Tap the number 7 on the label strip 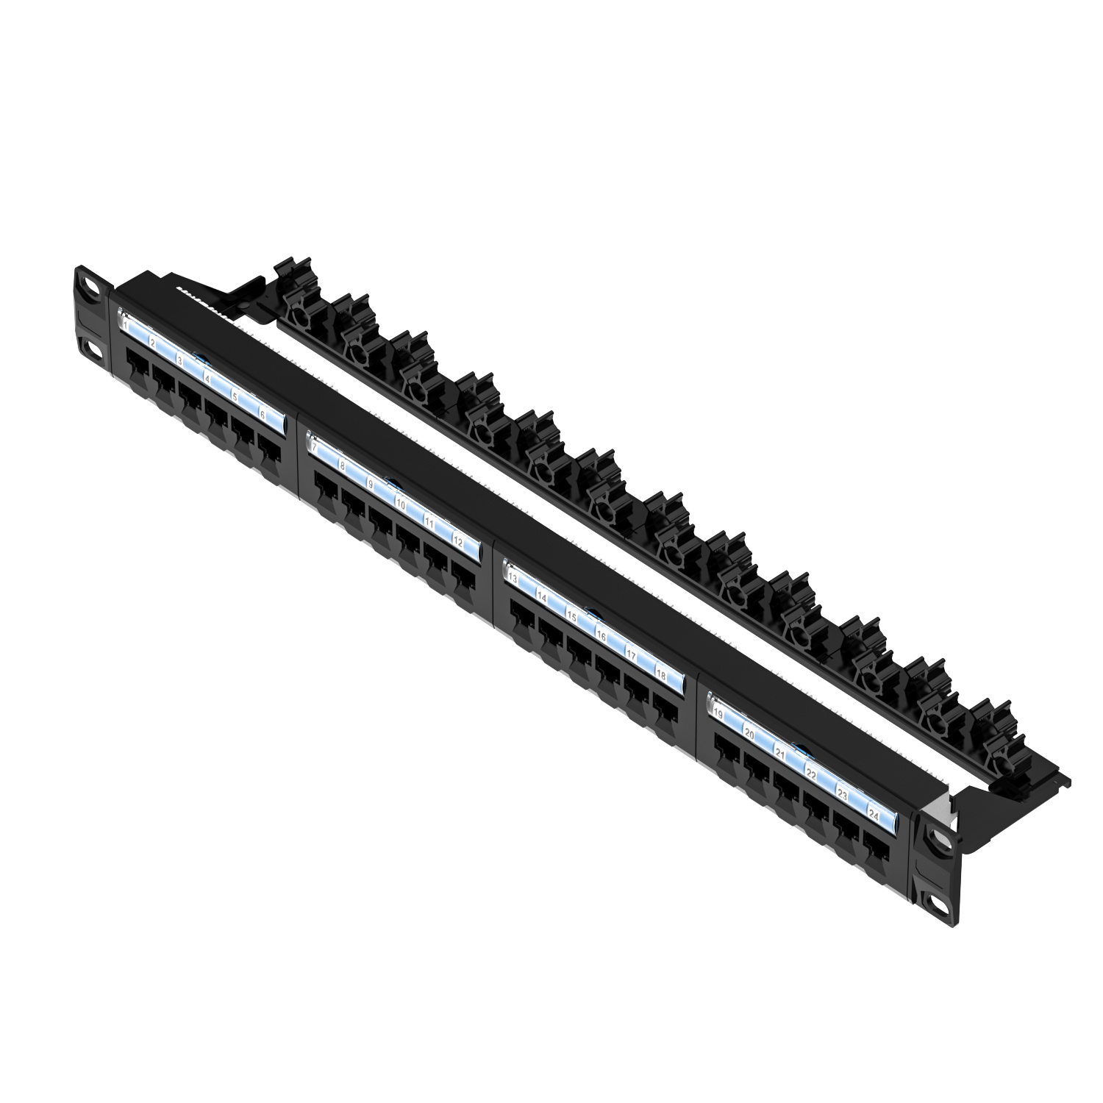314,446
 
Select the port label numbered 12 458,540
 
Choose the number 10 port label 401,504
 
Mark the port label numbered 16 601,637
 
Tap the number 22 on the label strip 811,774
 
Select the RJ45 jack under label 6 270,449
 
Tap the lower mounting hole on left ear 91,346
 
